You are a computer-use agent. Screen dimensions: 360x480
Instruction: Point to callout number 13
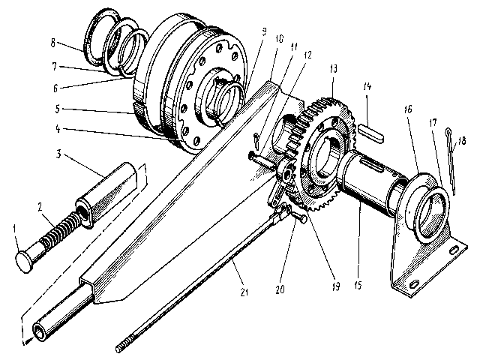[331, 69]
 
